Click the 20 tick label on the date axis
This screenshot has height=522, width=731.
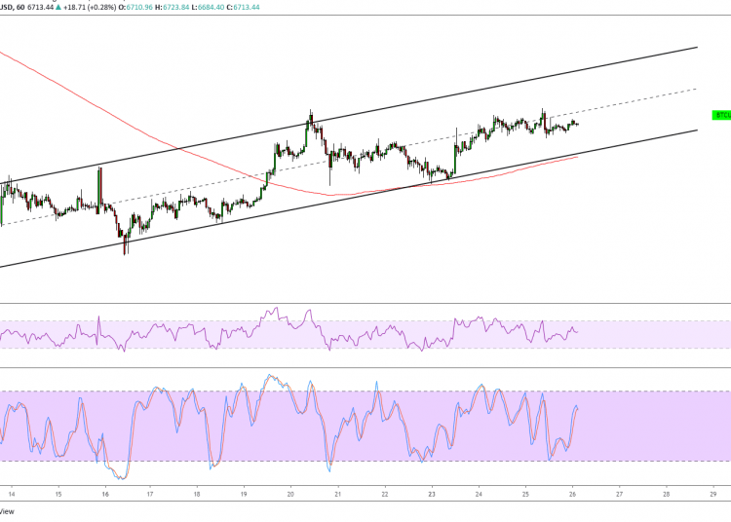click(291, 494)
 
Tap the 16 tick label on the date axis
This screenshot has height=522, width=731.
click(104, 494)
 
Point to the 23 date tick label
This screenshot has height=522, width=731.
click(432, 494)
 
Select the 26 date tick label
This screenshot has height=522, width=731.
click(572, 494)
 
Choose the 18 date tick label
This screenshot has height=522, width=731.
click(198, 494)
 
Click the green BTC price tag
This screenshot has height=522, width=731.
click(721, 115)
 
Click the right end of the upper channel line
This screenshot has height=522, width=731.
click(698, 47)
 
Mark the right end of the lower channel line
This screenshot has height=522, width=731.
click(698, 130)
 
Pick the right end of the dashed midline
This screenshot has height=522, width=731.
click(698, 89)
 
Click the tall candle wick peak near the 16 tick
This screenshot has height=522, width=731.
click(100, 168)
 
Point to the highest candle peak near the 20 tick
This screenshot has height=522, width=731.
click(311, 112)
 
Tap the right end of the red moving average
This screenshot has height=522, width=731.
click(578, 156)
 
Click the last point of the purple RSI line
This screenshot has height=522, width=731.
click(577, 332)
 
